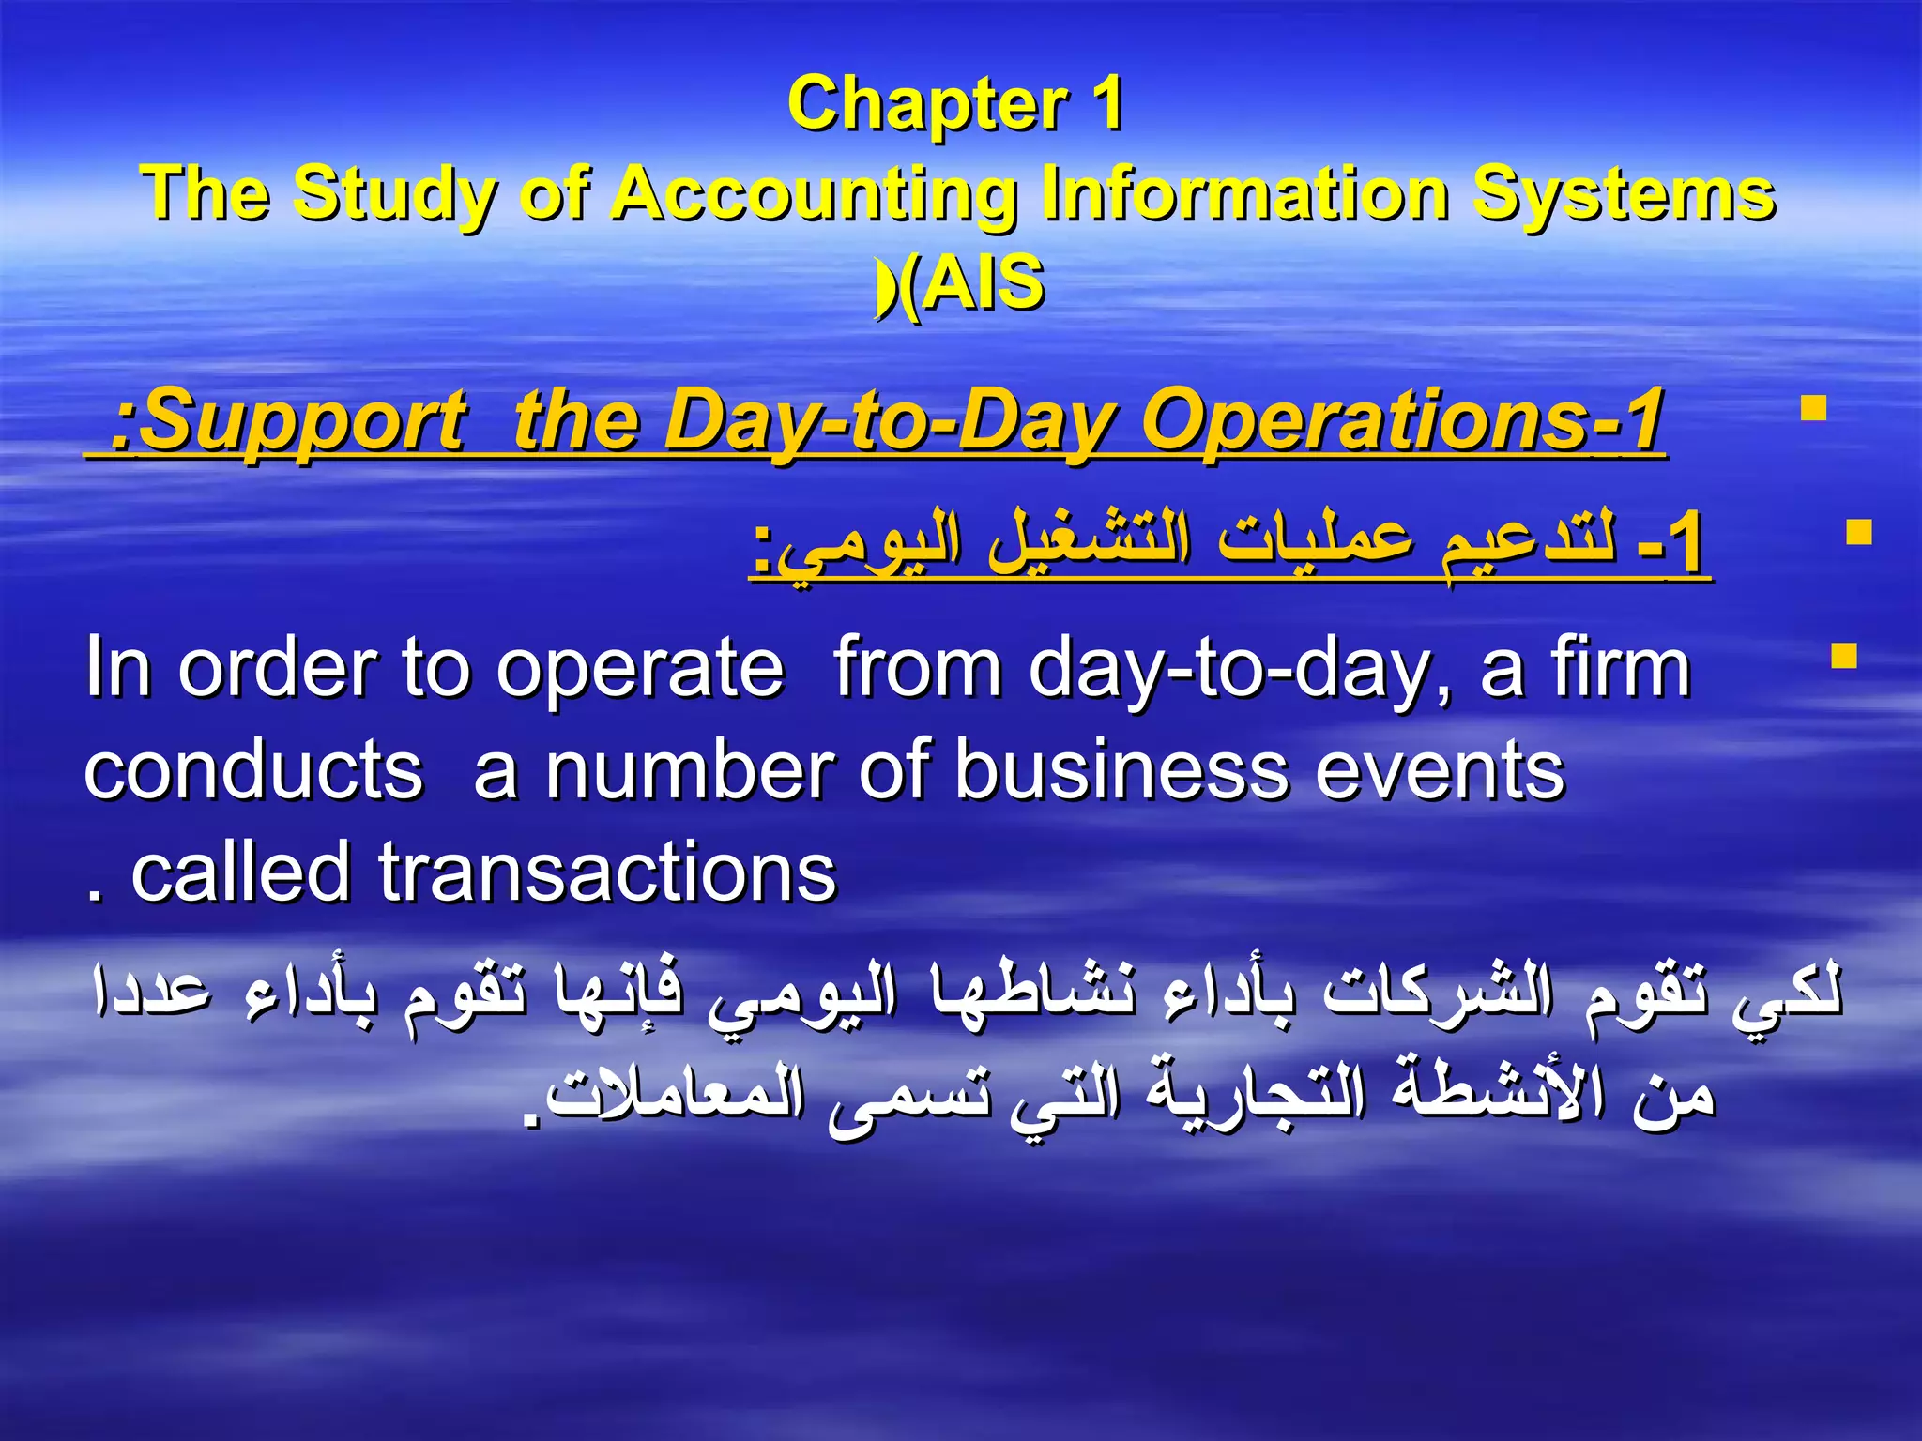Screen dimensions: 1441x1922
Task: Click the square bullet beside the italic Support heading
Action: coord(1813,410)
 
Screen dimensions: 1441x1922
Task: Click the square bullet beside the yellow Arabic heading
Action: coord(1858,533)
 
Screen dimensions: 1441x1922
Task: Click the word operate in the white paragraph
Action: coord(640,668)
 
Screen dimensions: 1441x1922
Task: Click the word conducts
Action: coord(253,770)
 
